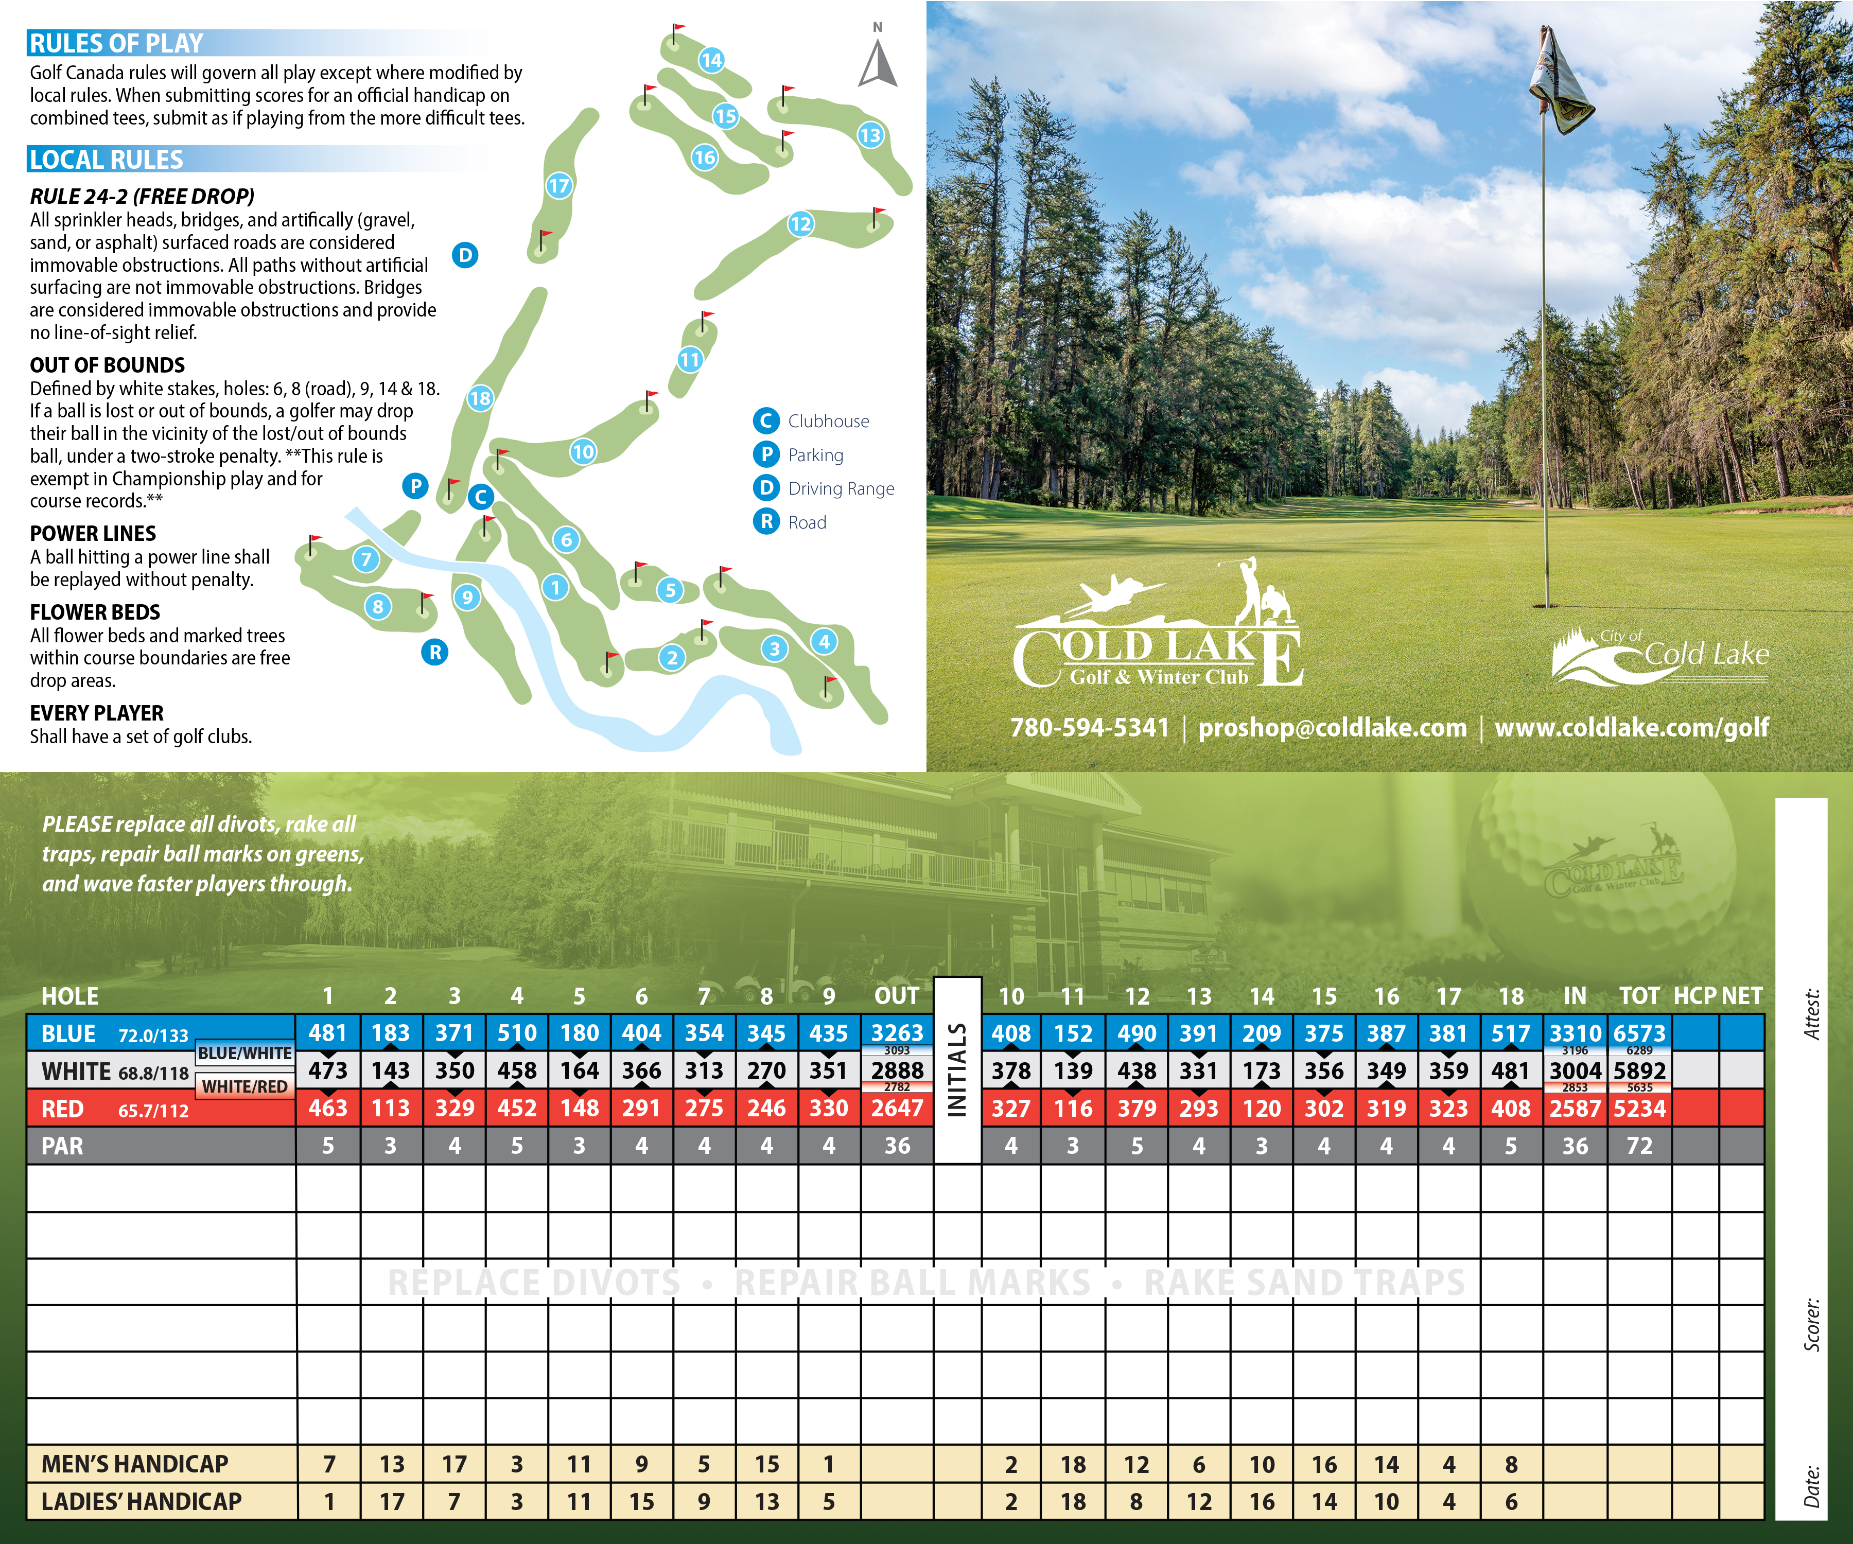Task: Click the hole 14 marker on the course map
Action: coord(711,60)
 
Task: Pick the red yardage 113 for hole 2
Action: coord(390,1108)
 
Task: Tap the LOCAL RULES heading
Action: coord(107,160)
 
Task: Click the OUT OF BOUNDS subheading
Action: coord(108,365)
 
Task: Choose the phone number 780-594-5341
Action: coord(1090,728)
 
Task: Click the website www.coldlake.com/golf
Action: coord(1632,728)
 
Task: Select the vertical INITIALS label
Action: coord(957,1070)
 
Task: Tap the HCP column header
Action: coord(1694,996)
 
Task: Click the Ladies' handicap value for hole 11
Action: coord(1073,1502)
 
